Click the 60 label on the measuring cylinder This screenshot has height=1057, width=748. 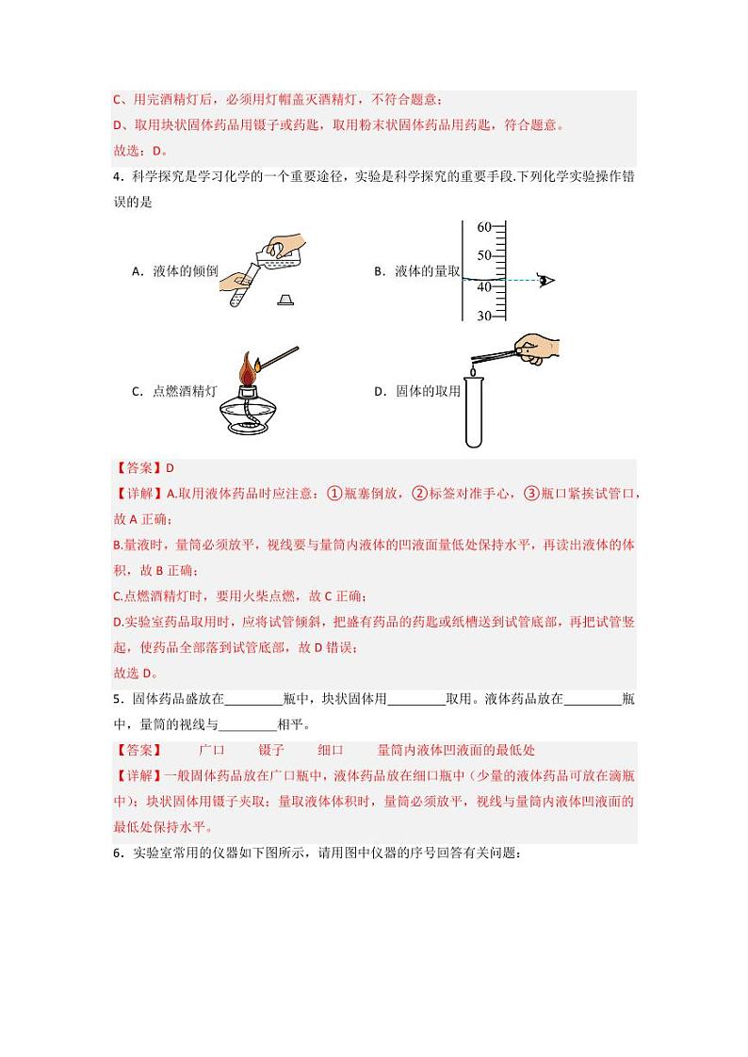(x=484, y=227)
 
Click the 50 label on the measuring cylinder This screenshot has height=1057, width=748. (x=484, y=256)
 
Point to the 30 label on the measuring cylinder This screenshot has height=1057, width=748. (x=484, y=316)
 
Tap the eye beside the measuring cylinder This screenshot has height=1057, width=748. (x=545, y=280)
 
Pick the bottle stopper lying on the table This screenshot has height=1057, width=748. (x=286, y=301)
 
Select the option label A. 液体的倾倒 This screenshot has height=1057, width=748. (x=175, y=271)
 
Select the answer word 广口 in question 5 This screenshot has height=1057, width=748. (x=212, y=750)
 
